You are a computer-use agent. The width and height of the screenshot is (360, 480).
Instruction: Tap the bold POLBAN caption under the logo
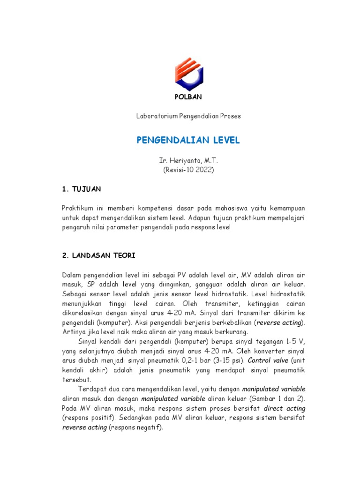tap(188, 97)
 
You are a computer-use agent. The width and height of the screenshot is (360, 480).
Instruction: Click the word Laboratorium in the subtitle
tap(154, 115)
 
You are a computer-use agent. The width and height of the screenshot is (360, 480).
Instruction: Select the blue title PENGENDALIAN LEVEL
tap(188, 140)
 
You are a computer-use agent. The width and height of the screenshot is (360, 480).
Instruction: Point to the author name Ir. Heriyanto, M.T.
tap(188, 161)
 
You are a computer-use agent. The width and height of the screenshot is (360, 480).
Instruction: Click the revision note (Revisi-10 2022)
tap(188, 170)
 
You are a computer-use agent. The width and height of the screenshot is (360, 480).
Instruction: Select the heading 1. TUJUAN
tap(81, 189)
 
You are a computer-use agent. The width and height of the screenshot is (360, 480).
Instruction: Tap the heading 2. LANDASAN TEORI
tap(99, 255)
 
